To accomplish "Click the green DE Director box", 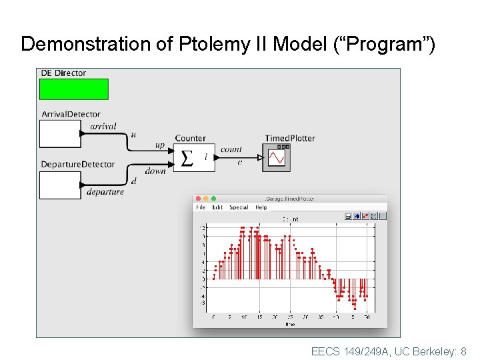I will tap(73, 89).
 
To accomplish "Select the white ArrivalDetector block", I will tap(60, 133).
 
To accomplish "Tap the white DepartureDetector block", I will tap(60, 185).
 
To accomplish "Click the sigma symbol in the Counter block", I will tap(187, 158).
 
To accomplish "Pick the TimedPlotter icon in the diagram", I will tap(276, 158).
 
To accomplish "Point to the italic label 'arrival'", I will tap(103, 126).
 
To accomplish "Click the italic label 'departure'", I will tap(105, 192).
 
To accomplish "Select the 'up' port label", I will tap(159, 145).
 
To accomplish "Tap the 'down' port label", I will tap(155, 171).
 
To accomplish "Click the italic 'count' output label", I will tap(231, 149).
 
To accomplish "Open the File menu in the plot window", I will tap(201, 207).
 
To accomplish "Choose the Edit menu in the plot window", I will tap(217, 207).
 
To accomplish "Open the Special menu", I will tap(239, 207).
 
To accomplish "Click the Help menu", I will tap(261, 207).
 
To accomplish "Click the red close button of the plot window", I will tap(198, 199).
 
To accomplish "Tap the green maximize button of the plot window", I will tap(214, 199).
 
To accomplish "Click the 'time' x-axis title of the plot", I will tap(289, 324).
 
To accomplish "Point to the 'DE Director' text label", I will tap(63, 73).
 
